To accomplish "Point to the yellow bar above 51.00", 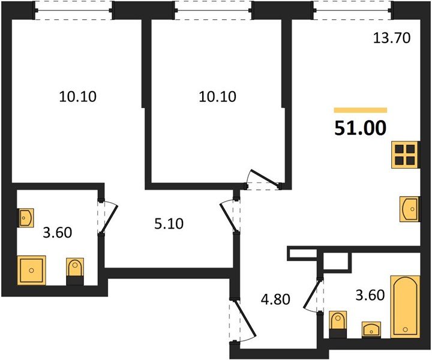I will point(360,110).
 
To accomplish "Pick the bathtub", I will point(406,306).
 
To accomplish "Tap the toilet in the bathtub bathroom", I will point(338,321).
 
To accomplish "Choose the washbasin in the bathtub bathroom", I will point(372,329).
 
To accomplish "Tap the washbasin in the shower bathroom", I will point(26,217).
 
